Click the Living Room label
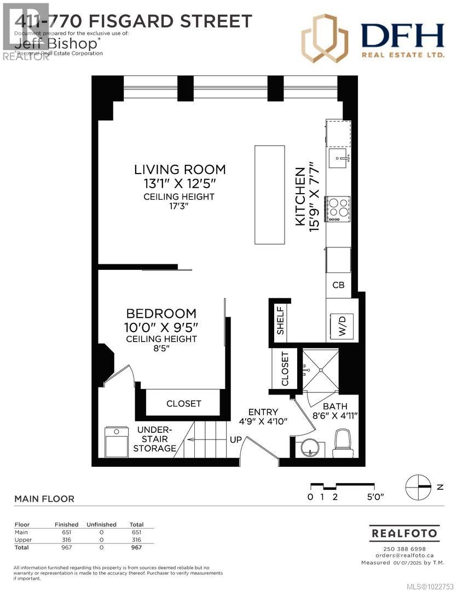point(180,169)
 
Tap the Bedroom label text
point(161,314)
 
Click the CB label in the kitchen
point(339,285)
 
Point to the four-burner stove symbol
point(338,208)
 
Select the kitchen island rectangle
point(269,194)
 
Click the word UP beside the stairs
point(236,439)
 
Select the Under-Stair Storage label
point(155,439)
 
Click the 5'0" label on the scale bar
point(375,497)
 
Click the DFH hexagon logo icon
point(325,38)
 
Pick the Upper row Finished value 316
point(66,540)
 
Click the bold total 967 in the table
point(136,547)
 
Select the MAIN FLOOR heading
point(44,499)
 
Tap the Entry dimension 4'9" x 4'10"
point(263,421)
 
